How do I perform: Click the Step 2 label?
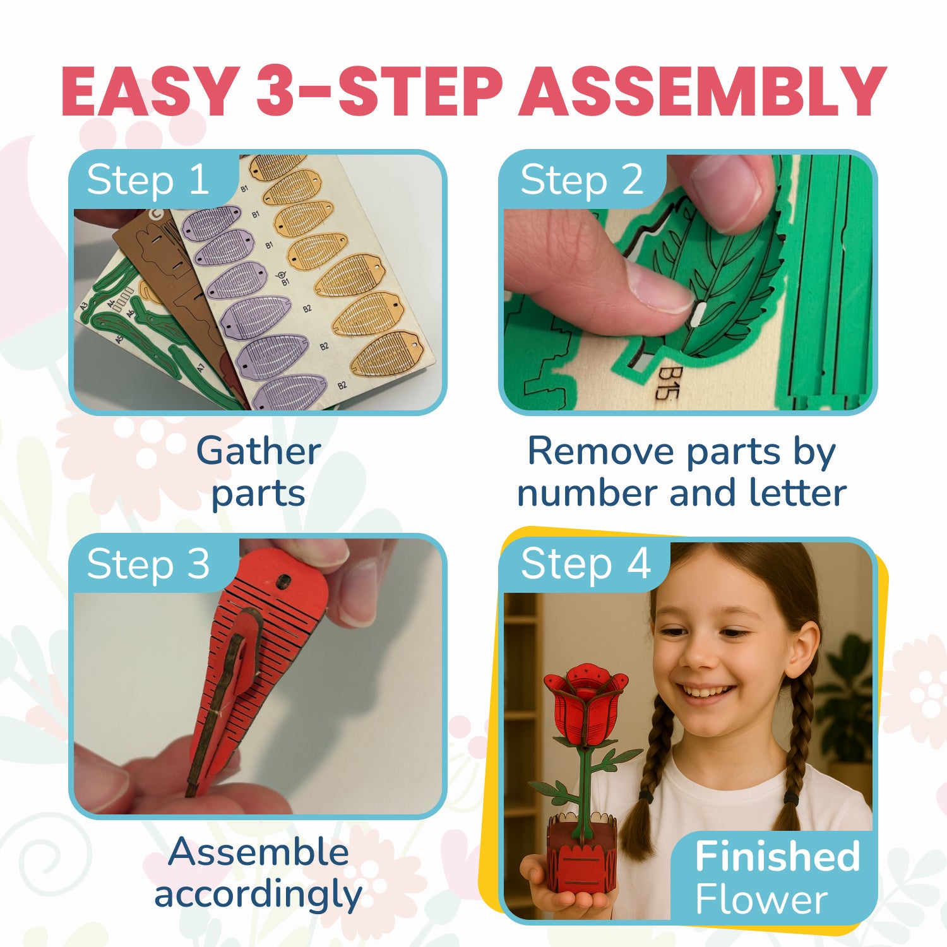tap(581, 180)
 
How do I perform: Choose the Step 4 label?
tap(585, 563)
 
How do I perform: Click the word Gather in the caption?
tap(259, 452)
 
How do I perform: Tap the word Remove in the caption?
tap(601, 452)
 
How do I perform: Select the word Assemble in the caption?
tap(259, 852)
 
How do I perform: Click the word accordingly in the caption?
tap(259, 894)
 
